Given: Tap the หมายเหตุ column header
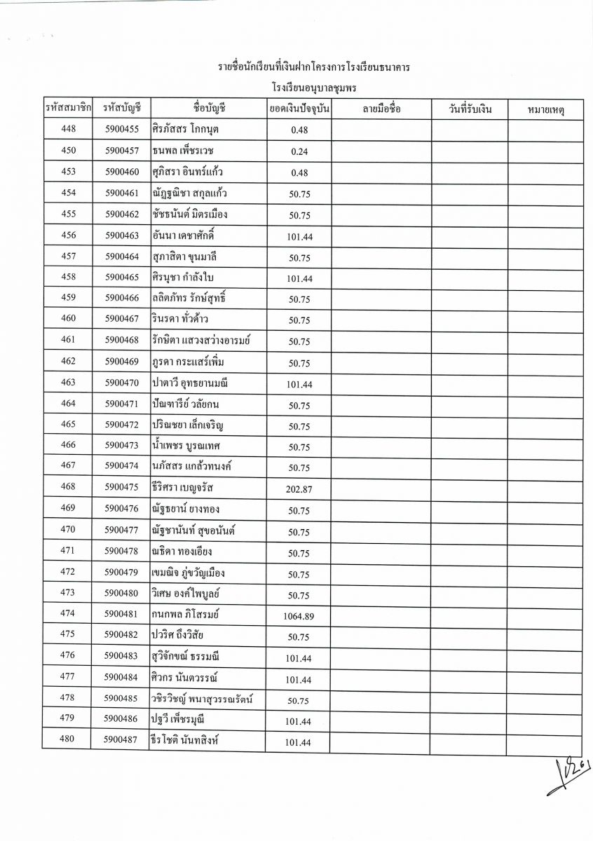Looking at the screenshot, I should (x=545, y=109).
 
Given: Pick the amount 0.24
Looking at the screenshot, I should (x=299, y=151).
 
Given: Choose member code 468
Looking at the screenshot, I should (x=68, y=487).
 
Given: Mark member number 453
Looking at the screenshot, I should (x=68, y=171).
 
